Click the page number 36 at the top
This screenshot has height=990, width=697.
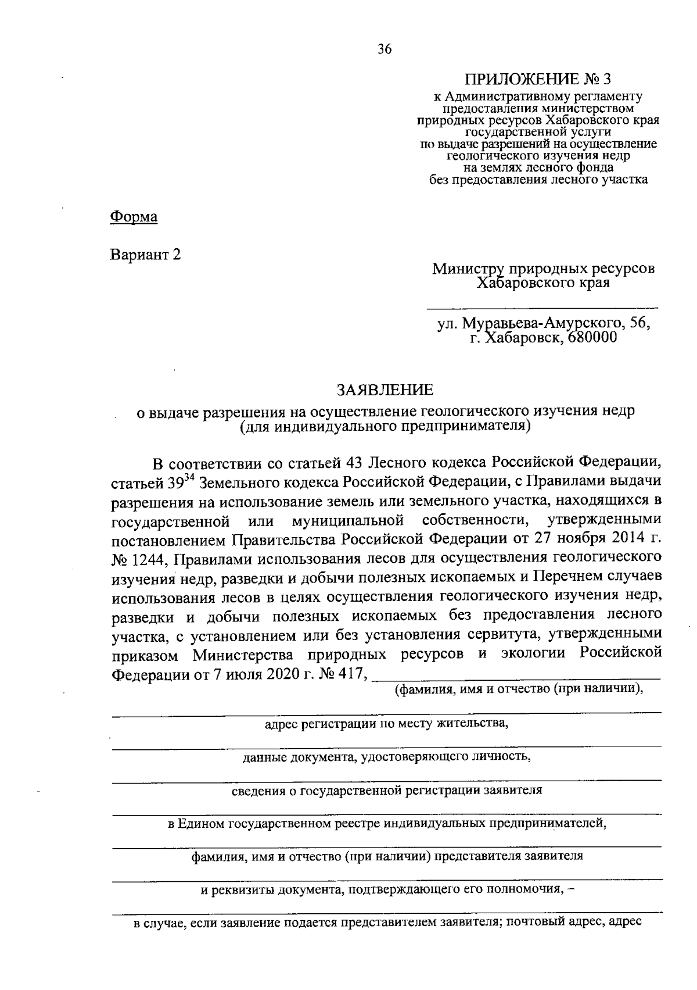tap(385, 49)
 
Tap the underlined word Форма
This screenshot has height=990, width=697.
tap(134, 217)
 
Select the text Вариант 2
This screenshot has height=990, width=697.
tap(146, 255)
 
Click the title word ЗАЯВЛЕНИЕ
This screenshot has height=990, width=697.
tap(386, 389)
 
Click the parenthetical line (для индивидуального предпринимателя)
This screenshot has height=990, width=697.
tap(385, 427)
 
